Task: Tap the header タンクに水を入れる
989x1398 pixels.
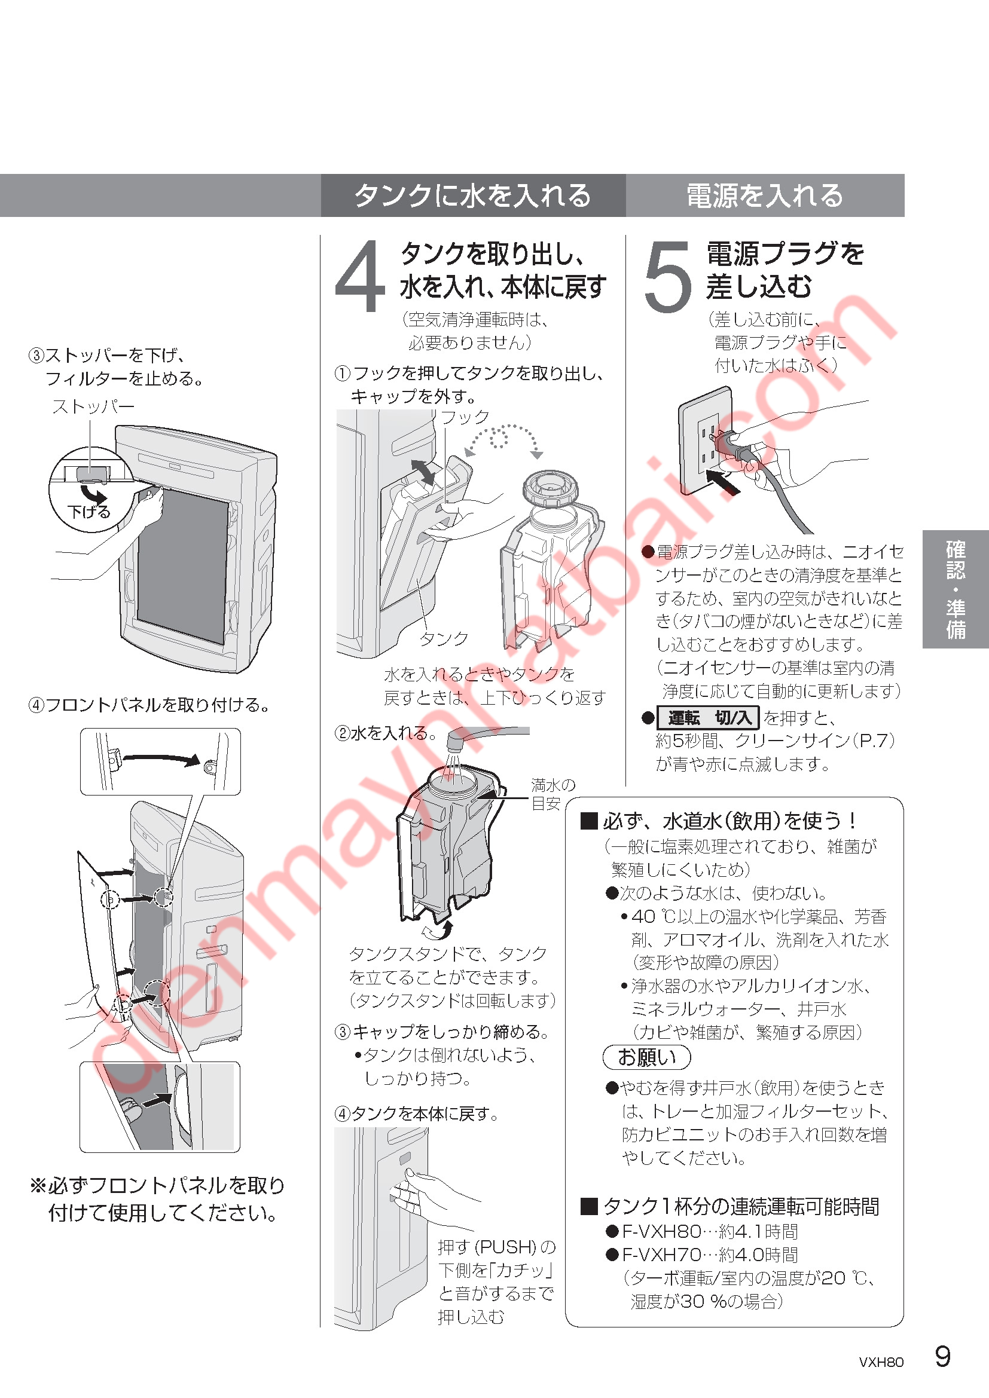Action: (472, 195)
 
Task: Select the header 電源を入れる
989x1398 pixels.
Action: (765, 195)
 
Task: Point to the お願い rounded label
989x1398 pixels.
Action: (647, 1058)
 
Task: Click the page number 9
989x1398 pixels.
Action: (942, 1357)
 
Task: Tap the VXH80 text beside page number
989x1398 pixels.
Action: (881, 1363)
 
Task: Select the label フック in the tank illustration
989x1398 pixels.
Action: (465, 417)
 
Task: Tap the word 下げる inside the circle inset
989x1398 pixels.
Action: (89, 512)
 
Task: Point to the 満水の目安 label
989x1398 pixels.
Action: (553, 794)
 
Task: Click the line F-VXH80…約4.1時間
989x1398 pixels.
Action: (702, 1232)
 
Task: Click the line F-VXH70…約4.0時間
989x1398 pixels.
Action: (702, 1255)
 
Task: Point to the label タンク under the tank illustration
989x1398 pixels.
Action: (444, 639)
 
